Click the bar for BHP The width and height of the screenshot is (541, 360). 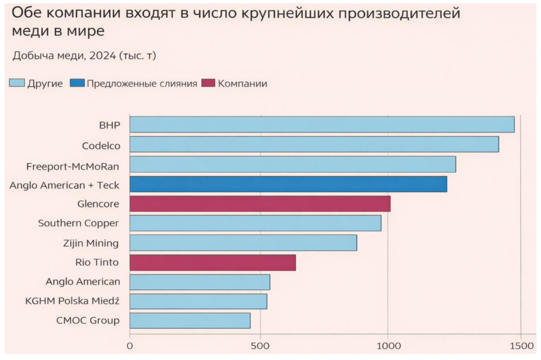(322, 125)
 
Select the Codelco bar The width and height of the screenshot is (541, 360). (314, 145)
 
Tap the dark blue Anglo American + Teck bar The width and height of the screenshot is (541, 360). (288, 184)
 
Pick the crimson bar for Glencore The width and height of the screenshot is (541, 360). (260, 204)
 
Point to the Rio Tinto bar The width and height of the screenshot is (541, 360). (212, 262)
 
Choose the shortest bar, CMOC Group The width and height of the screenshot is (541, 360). (190, 321)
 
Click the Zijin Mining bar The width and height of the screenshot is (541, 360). (243, 243)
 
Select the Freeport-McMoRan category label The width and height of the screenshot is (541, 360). (73, 166)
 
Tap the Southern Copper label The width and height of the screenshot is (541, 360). (78, 223)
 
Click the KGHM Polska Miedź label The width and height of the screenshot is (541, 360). (72, 301)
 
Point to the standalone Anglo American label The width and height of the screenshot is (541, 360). (82, 282)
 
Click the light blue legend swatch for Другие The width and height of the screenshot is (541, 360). (17, 83)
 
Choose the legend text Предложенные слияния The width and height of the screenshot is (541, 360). (142, 83)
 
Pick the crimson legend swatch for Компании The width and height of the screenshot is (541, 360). (209, 83)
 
